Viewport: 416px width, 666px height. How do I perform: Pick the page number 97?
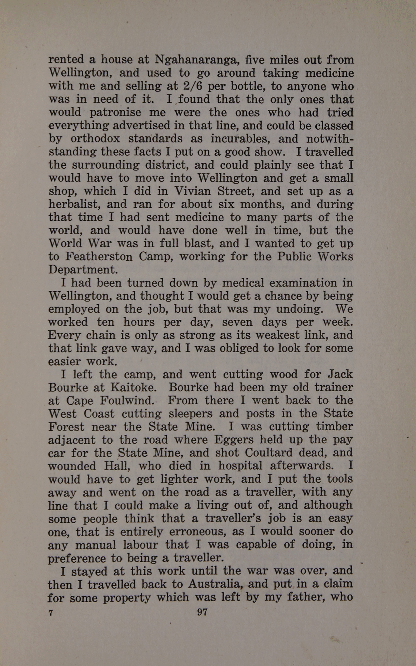pyautogui.click(x=202, y=612)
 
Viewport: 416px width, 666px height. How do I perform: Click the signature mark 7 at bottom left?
pyautogui.click(x=51, y=613)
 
